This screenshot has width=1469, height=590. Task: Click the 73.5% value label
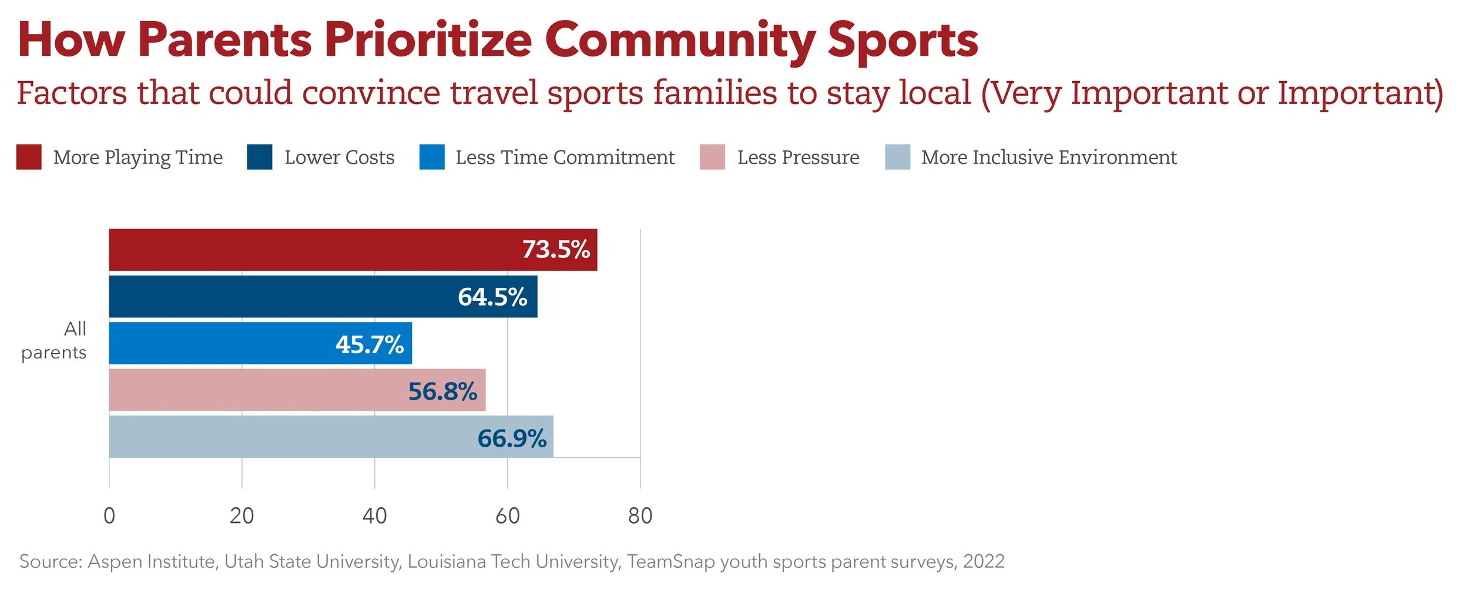click(x=556, y=250)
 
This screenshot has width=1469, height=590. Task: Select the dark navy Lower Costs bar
click(x=282, y=297)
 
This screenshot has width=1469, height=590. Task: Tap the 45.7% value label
click(x=370, y=344)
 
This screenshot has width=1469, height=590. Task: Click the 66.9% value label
click(x=512, y=438)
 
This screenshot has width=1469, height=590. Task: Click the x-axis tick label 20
click(x=242, y=516)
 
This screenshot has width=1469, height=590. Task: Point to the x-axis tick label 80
click(x=640, y=516)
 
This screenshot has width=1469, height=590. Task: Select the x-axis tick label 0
click(x=109, y=516)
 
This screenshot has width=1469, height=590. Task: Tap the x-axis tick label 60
click(x=507, y=516)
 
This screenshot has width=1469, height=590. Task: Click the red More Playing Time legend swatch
click(x=29, y=157)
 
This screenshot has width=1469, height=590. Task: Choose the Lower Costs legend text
click(x=339, y=157)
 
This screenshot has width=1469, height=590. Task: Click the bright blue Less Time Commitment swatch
click(x=432, y=157)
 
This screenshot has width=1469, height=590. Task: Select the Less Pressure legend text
click(x=798, y=157)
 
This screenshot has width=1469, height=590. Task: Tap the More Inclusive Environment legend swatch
click(x=897, y=157)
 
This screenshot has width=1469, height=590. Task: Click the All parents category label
click(x=54, y=340)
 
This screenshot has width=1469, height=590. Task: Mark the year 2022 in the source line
click(x=984, y=562)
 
